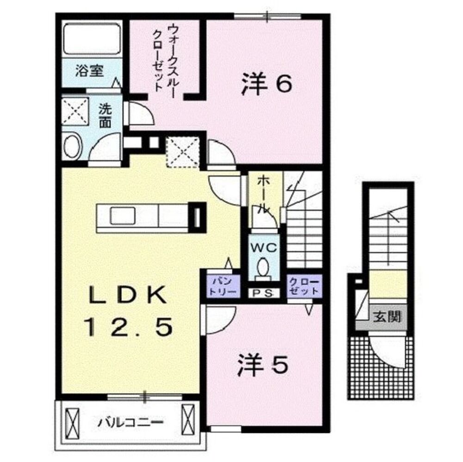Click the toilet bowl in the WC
tap(263, 267)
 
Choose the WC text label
tap(263, 248)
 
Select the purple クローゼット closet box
tap(304, 286)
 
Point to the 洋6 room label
tap(266, 85)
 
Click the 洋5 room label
tap(263, 365)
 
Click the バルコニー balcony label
tap(130, 422)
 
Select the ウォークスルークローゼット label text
tap(165, 58)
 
